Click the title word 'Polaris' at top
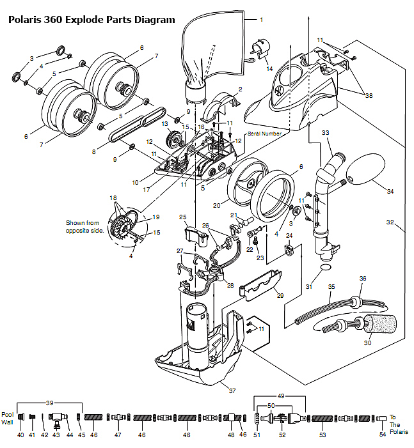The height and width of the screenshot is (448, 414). pos(25,20)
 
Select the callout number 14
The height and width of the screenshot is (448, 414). pos(269,68)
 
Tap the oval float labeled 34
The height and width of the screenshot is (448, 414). pos(365,169)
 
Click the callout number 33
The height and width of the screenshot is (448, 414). pos(325,132)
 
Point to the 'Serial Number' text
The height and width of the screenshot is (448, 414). pos(264,134)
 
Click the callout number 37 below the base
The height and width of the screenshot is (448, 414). pos(232,390)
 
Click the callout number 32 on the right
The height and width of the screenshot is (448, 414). pos(390,222)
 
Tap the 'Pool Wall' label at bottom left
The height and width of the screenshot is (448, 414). pos(8,419)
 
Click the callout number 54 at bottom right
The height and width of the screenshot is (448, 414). pos(383,435)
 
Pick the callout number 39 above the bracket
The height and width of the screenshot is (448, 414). pos(50,403)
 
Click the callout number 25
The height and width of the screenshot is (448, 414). pos(183,217)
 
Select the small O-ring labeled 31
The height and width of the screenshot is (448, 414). pos(325,267)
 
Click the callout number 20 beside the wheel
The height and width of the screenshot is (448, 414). pos(216,205)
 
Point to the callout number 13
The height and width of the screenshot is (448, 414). pos(164,124)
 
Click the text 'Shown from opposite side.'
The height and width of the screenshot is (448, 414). pos(84,227)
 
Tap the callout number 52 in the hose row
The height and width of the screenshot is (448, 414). pos(282,435)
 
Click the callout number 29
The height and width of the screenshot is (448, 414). pos(280,295)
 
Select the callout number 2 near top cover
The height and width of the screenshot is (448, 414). pos(241,89)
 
